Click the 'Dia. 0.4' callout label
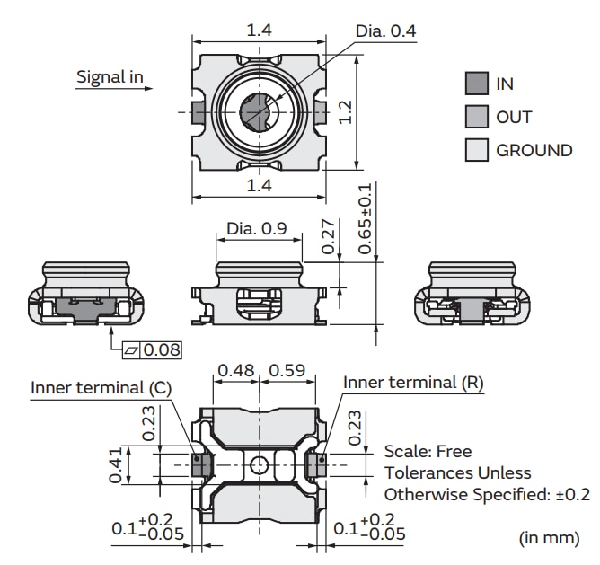[386, 31]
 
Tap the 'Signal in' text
[110, 76]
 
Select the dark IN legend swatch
[476, 84]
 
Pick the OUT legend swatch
[476, 117]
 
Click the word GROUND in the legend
[534, 150]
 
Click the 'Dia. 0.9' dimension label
[256, 228]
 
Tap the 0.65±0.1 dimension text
[365, 221]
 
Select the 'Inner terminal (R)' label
[413, 383]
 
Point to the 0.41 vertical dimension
[116, 465]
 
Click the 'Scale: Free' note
[428, 451]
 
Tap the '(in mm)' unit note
[549, 537]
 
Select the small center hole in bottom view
[259, 464]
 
